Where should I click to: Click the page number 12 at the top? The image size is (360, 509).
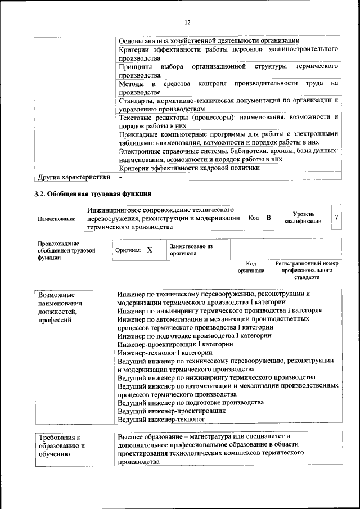tap(187, 22)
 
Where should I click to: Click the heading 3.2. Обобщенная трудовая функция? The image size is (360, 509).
tap(93, 195)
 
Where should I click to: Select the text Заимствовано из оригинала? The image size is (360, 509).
tap(191, 250)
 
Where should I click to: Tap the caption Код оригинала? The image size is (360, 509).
tap(251, 267)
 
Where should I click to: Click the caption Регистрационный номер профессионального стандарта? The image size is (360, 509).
tap(307, 270)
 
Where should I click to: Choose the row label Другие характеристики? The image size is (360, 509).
tap(73, 177)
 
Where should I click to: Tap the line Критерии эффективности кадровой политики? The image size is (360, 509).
tap(189, 168)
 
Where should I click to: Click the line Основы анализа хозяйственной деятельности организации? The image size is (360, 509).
tap(208, 40)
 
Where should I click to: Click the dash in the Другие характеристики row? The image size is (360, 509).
tap(120, 177)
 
